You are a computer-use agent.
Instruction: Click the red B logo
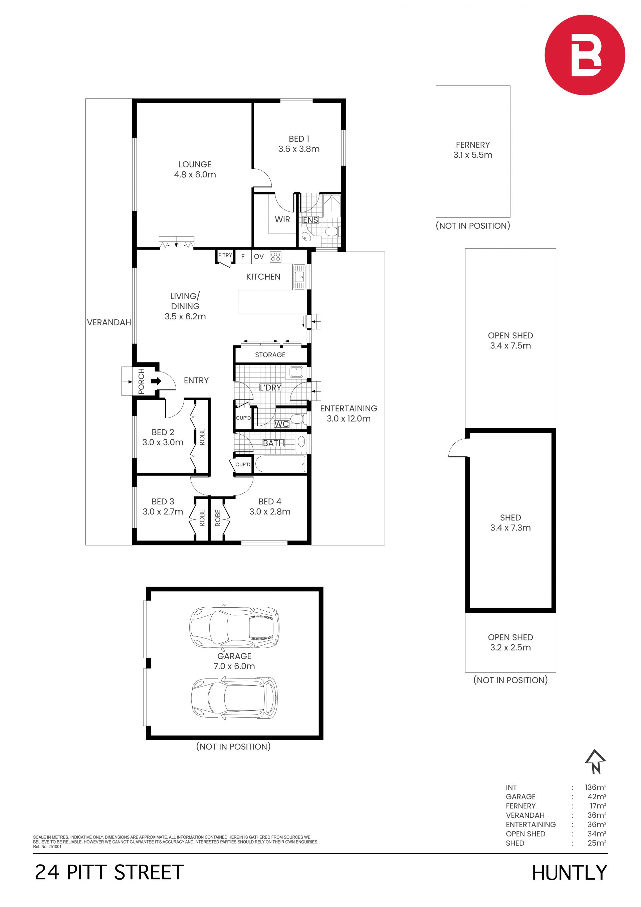pos(585,55)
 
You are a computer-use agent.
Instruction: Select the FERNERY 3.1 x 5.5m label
pos(473,150)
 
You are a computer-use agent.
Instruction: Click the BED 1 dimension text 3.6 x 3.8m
pos(299,149)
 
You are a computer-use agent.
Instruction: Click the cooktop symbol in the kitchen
pos(275,257)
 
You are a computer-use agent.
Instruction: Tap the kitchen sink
pos(299,277)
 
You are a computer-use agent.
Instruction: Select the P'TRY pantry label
pos(225,255)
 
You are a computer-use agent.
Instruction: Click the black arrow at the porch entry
pos(156,381)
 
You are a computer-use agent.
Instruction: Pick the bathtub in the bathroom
pos(280,464)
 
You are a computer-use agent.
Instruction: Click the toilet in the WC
pos(297,418)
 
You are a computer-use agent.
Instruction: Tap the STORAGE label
pos(270,355)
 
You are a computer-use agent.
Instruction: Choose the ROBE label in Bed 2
pos(202,437)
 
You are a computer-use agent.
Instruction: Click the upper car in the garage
pos(234,628)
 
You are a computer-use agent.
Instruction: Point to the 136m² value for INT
pos(596,787)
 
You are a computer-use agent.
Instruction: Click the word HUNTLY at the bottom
pos(569,873)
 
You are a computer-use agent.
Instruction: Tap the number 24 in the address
pos(47,872)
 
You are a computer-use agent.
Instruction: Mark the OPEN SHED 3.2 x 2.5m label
pos(510,642)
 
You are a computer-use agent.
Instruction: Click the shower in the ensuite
pos(332,205)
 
